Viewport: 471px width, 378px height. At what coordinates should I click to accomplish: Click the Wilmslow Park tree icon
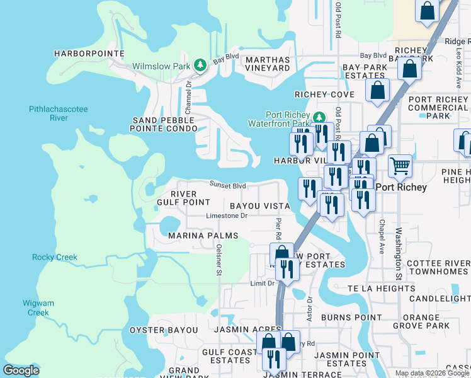(x=200, y=66)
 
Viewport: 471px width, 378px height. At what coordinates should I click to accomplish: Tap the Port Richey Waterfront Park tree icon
(x=319, y=118)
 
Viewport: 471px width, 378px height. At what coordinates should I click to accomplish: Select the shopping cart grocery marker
(x=400, y=166)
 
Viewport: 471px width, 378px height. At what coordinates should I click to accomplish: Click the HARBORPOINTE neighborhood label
(x=89, y=54)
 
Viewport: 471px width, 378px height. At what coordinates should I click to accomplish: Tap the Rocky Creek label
(x=55, y=257)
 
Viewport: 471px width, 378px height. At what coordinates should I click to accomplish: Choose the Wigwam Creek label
(x=36, y=307)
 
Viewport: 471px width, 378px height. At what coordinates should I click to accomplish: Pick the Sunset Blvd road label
(x=227, y=185)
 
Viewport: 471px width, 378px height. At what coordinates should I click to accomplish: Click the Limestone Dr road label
(x=227, y=215)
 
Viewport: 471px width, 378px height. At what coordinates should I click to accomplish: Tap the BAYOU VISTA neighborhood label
(x=259, y=206)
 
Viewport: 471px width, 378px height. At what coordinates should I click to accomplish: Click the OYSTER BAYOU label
(x=164, y=330)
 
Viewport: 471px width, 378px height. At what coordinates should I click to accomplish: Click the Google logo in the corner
(x=21, y=370)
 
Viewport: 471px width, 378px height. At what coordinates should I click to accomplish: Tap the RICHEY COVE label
(x=325, y=94)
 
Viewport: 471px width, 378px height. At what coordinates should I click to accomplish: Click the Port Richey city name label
(x=401, y=188)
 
